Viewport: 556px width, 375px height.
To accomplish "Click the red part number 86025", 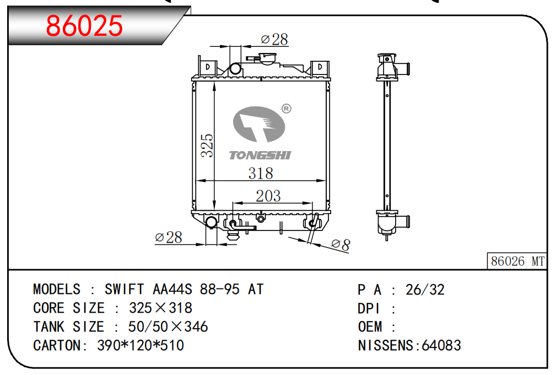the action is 84,25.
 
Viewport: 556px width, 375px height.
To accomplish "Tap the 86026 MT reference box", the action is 517,261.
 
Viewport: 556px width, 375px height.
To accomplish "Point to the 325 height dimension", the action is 207,146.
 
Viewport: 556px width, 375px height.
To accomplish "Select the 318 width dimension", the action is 261,174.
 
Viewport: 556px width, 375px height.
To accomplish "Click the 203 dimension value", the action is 268,196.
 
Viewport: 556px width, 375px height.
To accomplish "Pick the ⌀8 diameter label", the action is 341,244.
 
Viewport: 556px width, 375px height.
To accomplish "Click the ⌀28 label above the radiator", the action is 274,39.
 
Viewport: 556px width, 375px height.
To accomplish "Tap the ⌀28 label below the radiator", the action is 169,237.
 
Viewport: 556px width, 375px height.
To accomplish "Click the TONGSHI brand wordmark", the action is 260,156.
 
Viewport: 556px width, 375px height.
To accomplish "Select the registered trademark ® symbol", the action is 286,109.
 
